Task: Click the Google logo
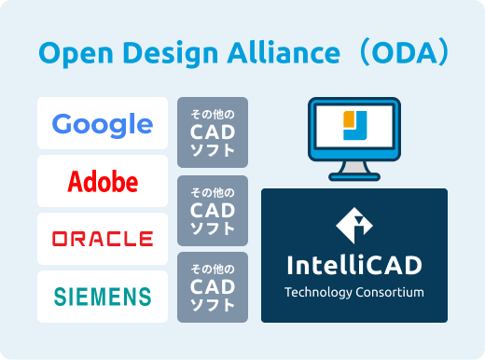click(x=103, y=124)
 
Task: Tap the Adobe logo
click(x=103, y=181)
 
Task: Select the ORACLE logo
click(x=103, y=239)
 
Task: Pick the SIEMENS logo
click(x=103, y=297)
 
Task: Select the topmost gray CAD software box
click(x=213, y=132)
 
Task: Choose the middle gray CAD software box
click(x=213, y=210)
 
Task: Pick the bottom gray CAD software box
click(x=213, y=286)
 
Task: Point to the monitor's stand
click(x=353, y=172)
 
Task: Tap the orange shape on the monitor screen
click(x=349, y=119)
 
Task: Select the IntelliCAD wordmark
click(x=353, y=266)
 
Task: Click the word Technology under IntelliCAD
click(x=322, y=293)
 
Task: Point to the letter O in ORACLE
click(x=60, y=239)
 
